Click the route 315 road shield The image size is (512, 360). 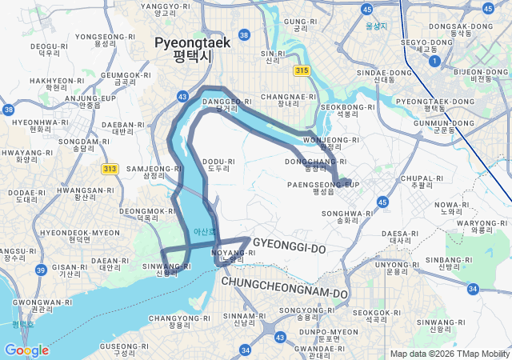click(x=301, y=71)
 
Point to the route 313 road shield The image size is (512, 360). click(x=110, y=169)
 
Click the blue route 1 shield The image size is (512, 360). click(x=434, y=61)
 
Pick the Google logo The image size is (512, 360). click(x=26, y=350)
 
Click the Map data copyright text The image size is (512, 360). click(x=449, y=354)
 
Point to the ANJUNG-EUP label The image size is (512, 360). click(x=90, y=102)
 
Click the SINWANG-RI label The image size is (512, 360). click(x=167, y=270)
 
